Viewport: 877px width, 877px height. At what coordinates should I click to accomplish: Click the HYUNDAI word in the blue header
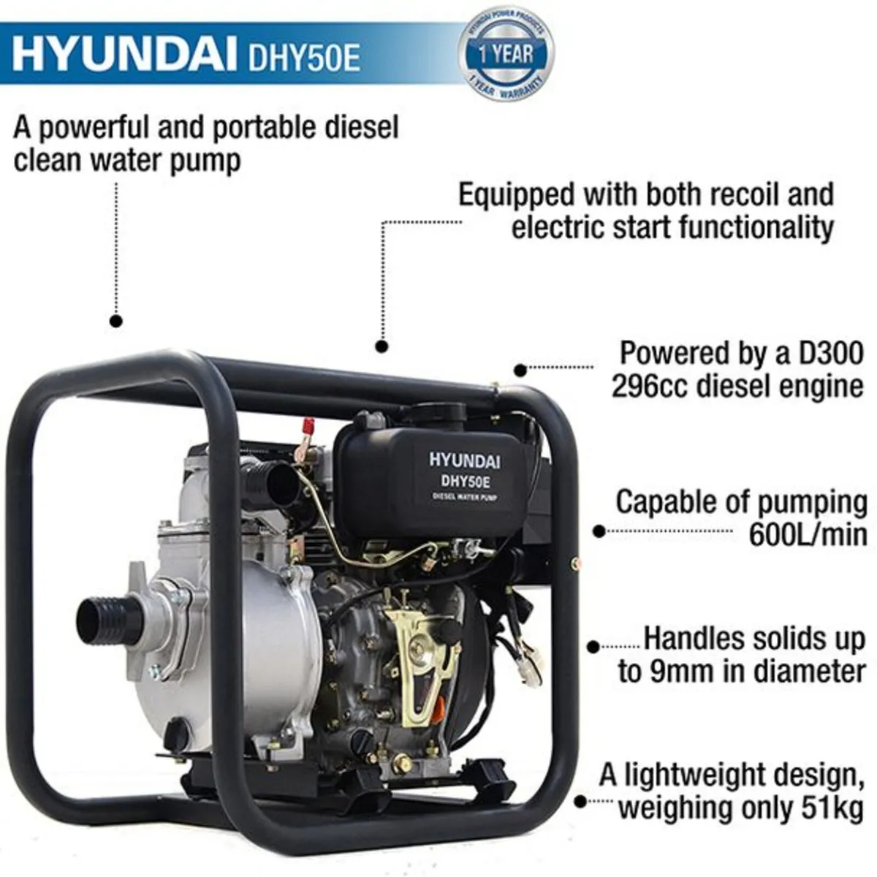(124, 56)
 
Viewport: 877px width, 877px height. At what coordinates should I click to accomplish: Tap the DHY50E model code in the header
(305, 58)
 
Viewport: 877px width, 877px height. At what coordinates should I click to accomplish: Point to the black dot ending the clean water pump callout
(115, 320)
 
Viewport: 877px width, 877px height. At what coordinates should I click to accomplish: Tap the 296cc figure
(649, 385)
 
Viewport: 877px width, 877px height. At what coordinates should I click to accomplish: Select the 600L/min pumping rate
(808, 535)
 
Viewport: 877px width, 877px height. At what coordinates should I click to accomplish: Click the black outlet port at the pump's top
(274, 482)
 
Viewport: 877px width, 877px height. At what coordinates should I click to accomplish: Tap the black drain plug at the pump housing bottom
(176, 734)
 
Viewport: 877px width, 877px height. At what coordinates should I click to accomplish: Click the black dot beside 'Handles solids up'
(593, 646)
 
